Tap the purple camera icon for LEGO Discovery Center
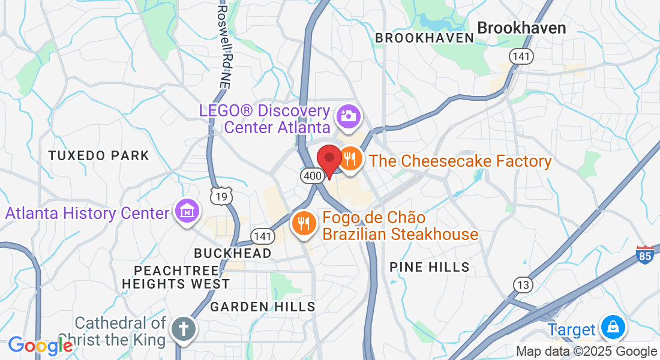click(x=348, y=115)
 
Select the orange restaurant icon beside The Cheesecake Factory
click(x=350, y=159)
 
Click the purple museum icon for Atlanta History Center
click(x=187, y=211)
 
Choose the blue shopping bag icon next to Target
click(x=613, y=328)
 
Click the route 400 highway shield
click(x=313, y=175)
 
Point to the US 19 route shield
click(x=222, y=196)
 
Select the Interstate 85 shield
click(x=645, y=254)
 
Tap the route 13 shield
click(x=523, y=284)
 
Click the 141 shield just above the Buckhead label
click(x=263, y=236)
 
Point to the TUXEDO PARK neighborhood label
click(x=99, y=156)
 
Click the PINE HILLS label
click(x=430, y=268)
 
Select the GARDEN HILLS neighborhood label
click(x=263, y=307)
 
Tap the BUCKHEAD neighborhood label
click(x=233, y=253)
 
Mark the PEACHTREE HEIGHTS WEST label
click(x=176, y=277)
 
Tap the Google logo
click(x=40, y=346)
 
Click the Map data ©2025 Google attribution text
click(x=587, y=352)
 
